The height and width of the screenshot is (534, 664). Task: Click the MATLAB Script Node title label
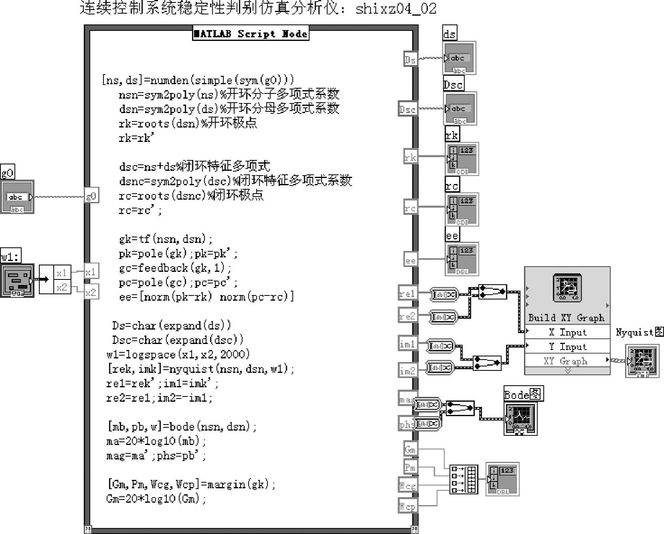click(x=251, y=34)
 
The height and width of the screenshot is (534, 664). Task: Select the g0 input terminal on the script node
click(x=91, y=196)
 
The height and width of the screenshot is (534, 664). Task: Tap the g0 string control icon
click(x=17, y=197)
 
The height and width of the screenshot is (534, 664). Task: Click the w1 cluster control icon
click(x=17, y=281)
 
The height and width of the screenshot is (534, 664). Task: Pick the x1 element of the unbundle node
click(x=62, y=273)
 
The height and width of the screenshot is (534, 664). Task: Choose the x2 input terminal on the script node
click(x=91, y=292)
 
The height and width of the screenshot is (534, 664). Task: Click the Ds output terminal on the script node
click(x=410, y=59)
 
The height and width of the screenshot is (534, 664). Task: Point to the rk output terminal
click(x=410, y=157)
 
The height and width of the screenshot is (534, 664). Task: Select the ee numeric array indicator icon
click(x=462, y=259)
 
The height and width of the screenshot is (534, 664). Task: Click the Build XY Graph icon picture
click(x=567, y=287)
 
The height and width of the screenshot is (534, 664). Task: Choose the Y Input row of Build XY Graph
click(x=567, y=346)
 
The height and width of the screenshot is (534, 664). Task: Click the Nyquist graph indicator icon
click(x=642, y=362)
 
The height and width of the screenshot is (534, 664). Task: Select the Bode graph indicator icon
click(x=521, y=419)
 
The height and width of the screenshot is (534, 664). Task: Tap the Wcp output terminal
click(x=408, y=506)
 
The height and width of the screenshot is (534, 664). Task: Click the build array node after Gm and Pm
click(x=464, y=479)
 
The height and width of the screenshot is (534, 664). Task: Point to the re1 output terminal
click(x=408, y=293)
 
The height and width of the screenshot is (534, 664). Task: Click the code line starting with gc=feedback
click(x=175, y=268)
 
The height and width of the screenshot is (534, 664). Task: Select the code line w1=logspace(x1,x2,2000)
click(x=178, y=354)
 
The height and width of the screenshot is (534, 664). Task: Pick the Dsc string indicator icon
click(x=460, y=109)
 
